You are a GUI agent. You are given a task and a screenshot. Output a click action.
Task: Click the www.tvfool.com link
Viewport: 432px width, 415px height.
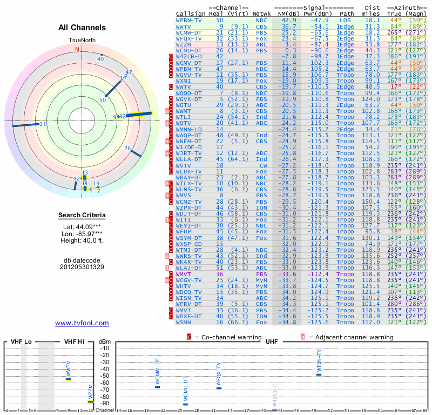point(82,323)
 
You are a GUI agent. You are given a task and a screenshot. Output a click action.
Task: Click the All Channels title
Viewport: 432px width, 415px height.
point(82,28)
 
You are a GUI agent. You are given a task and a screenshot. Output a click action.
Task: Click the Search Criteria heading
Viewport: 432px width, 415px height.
point(82,216)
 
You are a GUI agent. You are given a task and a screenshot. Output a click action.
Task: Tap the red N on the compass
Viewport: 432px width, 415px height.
point(77,49)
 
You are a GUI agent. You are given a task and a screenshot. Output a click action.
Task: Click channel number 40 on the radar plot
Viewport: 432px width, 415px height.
point(100,58)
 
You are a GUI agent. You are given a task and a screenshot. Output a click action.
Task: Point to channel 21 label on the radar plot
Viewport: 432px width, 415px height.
point(43,124)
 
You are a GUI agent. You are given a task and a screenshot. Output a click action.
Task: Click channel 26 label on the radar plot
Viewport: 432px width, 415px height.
point(127,148)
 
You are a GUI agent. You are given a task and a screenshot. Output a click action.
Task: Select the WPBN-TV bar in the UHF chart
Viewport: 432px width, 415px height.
point(319,374)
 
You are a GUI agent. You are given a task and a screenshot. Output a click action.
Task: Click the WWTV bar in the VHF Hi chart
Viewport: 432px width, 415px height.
point(68,379)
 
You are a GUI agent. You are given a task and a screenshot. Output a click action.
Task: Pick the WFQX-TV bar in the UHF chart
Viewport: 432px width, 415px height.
point(219,388)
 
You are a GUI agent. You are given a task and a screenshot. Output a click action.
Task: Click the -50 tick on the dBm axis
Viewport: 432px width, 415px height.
point(104,376)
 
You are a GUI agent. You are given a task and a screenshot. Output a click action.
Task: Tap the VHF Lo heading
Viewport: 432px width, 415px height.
point(21,342)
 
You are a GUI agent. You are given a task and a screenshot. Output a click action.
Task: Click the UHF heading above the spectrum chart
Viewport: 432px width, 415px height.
point(272,342)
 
